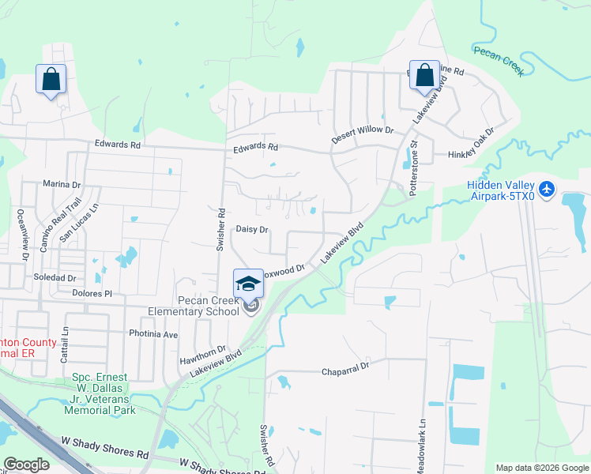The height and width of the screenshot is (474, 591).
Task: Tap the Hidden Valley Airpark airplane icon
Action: (x=549, y=190)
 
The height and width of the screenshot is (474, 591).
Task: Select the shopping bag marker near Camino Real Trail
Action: (x=51, y=79)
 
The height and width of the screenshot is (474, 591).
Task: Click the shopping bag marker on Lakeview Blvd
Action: (x=424, y=75)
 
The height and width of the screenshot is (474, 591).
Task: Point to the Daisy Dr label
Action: (x=252, y=229)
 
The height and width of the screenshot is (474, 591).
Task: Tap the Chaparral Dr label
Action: (x=344, y=369)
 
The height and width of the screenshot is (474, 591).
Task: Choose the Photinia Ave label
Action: (x=153, y=333)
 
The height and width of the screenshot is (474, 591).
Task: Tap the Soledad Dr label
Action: (x=55, y=278)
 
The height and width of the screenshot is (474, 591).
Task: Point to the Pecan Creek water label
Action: (x=499, y=59)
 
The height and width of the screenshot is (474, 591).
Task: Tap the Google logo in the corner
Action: (x=26, y=465)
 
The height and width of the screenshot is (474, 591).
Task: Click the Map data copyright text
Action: (x=541, y=468)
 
